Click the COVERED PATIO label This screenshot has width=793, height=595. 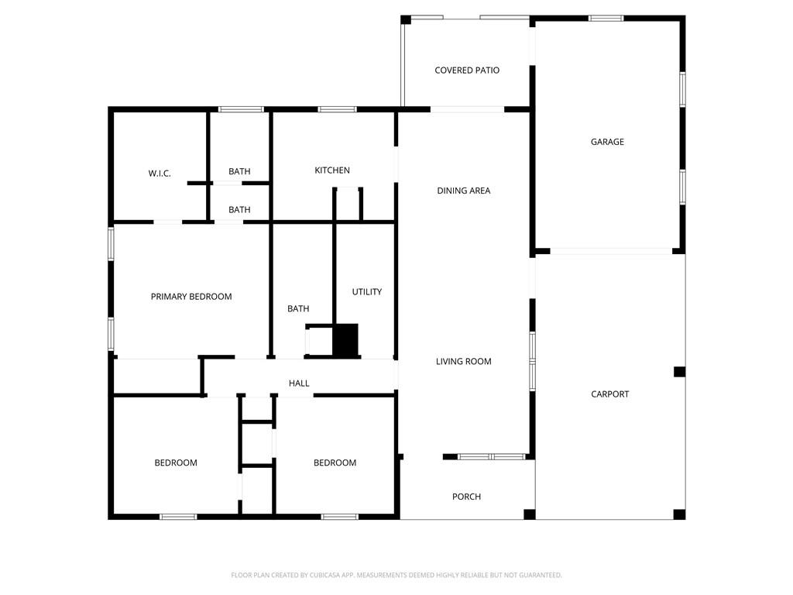coord(467,71)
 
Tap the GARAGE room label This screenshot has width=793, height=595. coord(607,142)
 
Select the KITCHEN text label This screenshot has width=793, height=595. coord(332,170)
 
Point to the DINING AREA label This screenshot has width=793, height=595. coord(463,191)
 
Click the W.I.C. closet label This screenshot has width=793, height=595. coord(160,174)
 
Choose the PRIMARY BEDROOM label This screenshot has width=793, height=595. coord(191,297)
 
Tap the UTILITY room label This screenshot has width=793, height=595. coord(367,292)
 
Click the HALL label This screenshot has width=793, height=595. coord(299,383)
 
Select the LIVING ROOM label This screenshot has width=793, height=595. coord(463,362)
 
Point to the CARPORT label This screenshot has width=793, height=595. coord(610,394)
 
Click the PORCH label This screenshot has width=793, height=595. coord(466,497)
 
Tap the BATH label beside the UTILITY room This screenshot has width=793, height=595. coord(298,309)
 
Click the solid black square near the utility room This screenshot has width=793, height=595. coord(346,339)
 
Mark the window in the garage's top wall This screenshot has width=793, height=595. coord(606,18)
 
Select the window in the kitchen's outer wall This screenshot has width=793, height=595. coord(337,109)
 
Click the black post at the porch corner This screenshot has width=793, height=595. coord(530,514)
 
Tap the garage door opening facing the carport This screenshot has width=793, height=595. coord(610,251)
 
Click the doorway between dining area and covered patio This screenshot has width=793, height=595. coord(467,109)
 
